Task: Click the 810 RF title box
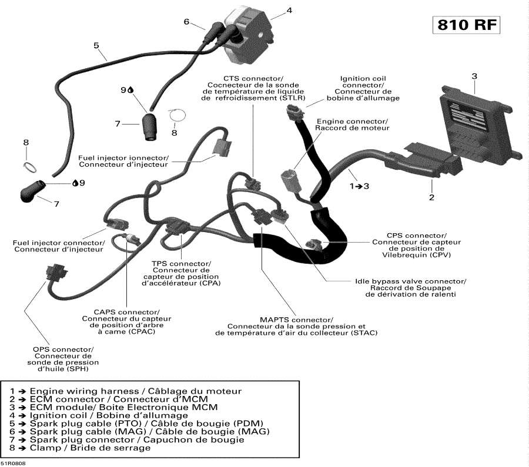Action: click(x=468, y=25)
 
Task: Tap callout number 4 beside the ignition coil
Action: click(x=289, y=10)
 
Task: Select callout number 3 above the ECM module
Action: click(x=474, y=76)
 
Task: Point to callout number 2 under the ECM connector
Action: click(x=431, y=197)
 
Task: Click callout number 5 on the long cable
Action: click(x=96, y=45)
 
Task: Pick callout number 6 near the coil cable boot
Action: click(x=186, y=22)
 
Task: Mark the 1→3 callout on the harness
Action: click(x=359, y=186)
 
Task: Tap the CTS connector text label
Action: click(x=253, y=89)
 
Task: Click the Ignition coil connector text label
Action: click(x=363, y=88)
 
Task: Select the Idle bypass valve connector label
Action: click(x=410, y=288)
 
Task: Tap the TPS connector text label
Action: click(x=181, y=273)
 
